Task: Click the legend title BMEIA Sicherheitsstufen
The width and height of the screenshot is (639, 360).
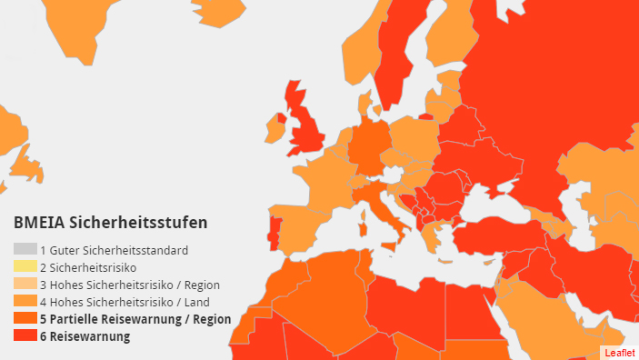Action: (x=110, y=222)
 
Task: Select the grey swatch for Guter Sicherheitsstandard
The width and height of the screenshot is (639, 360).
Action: (x=25, y=250)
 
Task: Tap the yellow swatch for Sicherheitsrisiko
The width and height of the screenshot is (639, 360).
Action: (x=25, y=267)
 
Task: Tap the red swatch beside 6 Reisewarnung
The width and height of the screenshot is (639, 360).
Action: (x=25, y=336)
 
